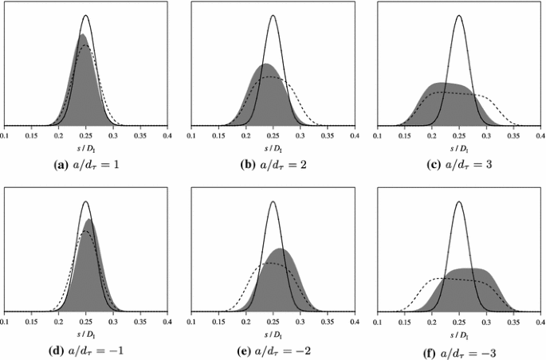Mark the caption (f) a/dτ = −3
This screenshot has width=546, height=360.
(x=459, y=350)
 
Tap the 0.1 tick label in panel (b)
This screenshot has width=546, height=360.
(x=192, y=137)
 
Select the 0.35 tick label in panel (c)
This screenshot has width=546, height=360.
(x=513, y=137)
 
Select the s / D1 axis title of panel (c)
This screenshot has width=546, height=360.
(x=459, y=149)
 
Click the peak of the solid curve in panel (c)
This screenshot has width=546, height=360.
(x=459, y=16)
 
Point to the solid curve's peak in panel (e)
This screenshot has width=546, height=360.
(x=273, y=202)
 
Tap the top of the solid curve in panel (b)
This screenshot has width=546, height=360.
(x=273, y=16)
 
